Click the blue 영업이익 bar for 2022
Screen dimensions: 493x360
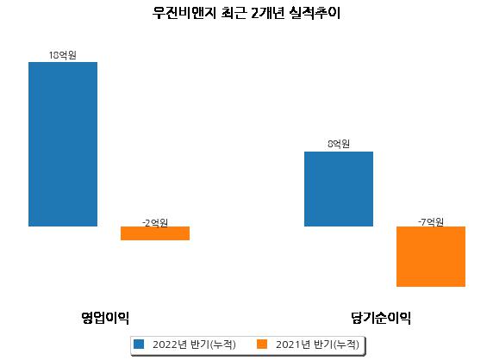pyautogui.click(x=63, y=144)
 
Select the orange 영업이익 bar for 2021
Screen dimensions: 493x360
pyautogui.click(x=155, y=233)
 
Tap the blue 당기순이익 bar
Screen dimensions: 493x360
pyautogui.click(x=339, y=189)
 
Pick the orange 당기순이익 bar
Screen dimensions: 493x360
pyautogui.click(x=431, y=257)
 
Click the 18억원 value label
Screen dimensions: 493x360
pyautogui.click(x=63, y=55)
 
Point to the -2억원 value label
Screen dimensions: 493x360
pyautogui.click(x=155, y=223)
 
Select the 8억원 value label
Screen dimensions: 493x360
pyautogui.click(x=339, y=144)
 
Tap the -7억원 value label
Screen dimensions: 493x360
pyautogui.click(x=431, y=222)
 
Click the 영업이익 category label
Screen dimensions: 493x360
pyautogui.click(x=105, y=318)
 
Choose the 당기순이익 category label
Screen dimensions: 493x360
pyautogui.click(x=381, y=318)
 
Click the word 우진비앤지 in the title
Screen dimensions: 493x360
pyautogui.click(x=184, y=13)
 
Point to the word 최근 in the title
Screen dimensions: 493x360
pyautogui.click(x=234, y=13)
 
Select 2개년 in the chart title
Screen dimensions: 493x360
pyautogui.click(x=267, y=13)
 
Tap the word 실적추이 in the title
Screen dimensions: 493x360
pyautogui.click(x=315, y=13)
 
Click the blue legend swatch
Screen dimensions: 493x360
pyautogui.click(x=139, y=344)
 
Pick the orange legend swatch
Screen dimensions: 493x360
pyautogui.click(x=262, y=344)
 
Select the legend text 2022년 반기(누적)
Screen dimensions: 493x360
pyautogui.click(x=194, y=344)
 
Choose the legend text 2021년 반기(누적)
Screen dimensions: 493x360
pyautogui.click(x=317, y=344)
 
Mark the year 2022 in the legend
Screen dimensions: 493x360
pyautogui.click(x=165, y=344)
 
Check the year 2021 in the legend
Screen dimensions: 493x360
pyautogui.click(x=289, y=344)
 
